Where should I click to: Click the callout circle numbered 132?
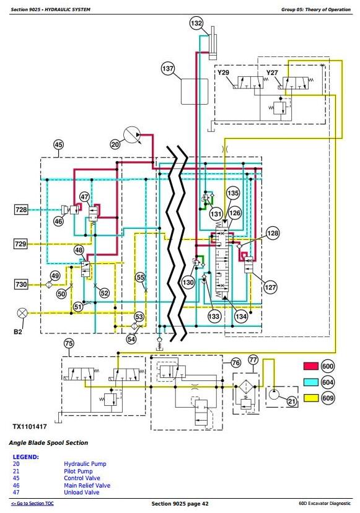pyautogui.click(x=196, y=24)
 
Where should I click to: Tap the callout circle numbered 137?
pyautogui.click(x=168, y=69)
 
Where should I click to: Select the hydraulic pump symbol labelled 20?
pyautogui.click(x=131, y=135)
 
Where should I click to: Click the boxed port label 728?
pyautogui.click(x=21, y=209)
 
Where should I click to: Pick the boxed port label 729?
pyautogui.click(x=20, y=243)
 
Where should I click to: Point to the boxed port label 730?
pyautogui.click(x=21, y=284)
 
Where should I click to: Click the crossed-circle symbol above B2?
pyautogui.click(x=22, y=313)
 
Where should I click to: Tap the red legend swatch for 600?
pyautogui.click(x=311, y=366)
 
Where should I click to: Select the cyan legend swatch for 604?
pyautogui.click(x=311, y=382)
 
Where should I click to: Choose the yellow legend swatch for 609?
pyautogui.click(x=311, y=398)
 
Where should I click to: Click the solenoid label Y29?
pyautogui.click(x=223, y=72)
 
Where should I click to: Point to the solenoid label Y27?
pyautogui.click(x=272, y=72)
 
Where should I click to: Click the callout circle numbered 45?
pyautogui.click(x=58, y=144)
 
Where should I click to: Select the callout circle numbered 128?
pyautogui.click(x=273, y=233)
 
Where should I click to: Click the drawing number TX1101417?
pyautogui.click(x=30, y=427)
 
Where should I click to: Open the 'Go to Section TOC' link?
pyautogui.click(x=32, y=504)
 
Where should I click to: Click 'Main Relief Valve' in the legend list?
pyautogui.click(x=87, y=486)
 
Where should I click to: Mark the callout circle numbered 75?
pyautogui.click(x=69, y=343)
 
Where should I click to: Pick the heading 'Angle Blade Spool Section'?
pyautogui.click(x=48, y=443)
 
